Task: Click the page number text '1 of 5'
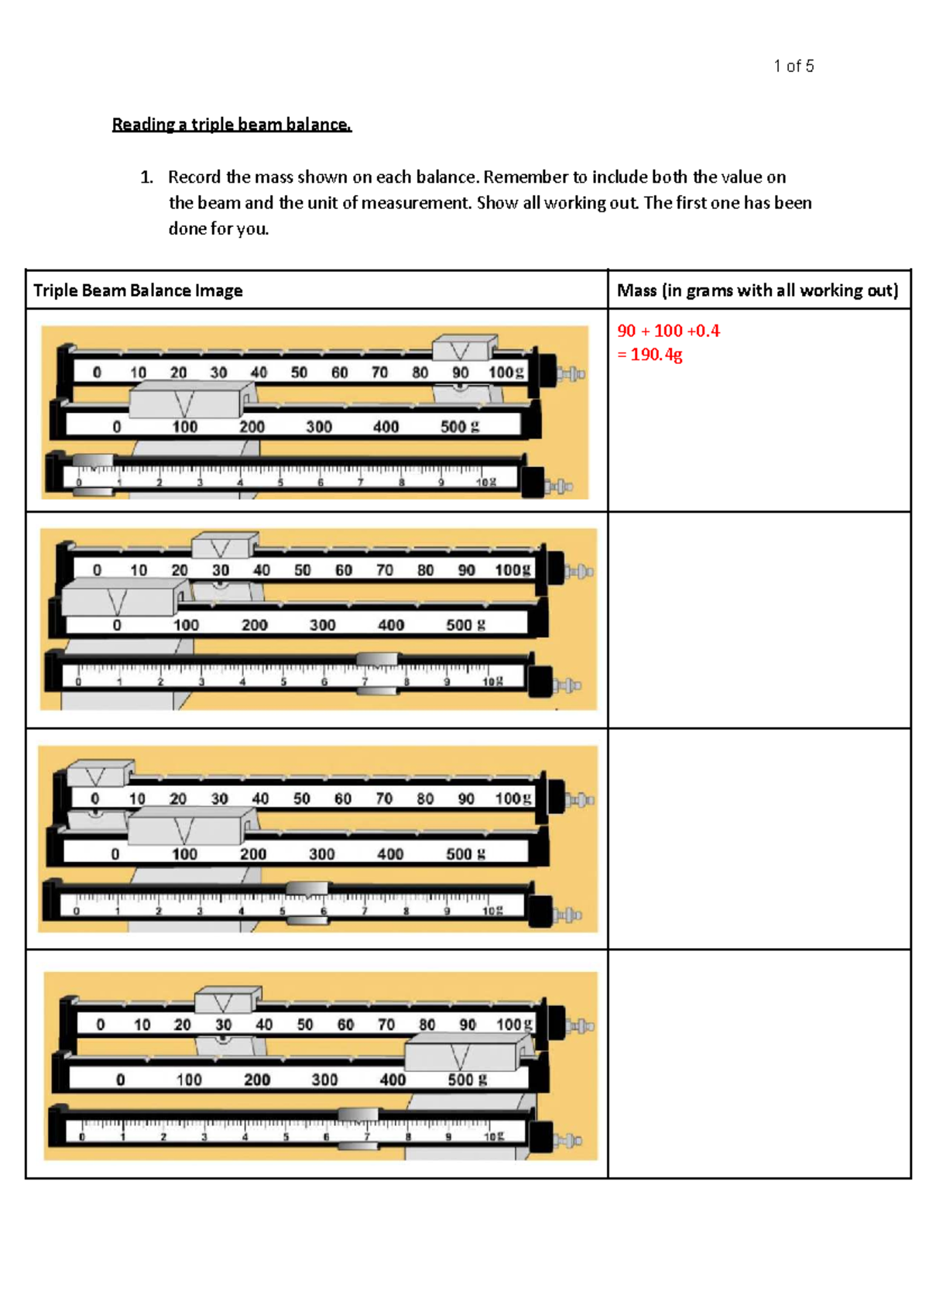793,66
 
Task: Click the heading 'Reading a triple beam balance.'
231,125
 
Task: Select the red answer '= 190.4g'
650,355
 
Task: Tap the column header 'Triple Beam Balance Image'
138,290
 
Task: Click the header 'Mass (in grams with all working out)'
757,290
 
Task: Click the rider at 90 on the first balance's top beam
463,349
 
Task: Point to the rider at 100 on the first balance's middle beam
185,401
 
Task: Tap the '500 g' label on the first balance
460,426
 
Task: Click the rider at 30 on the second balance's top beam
224,546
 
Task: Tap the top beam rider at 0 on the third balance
98,774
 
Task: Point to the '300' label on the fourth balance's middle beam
324,1080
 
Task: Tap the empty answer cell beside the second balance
759,620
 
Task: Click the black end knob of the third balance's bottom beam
540,912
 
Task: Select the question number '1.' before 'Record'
146,177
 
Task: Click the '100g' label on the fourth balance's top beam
514,1024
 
